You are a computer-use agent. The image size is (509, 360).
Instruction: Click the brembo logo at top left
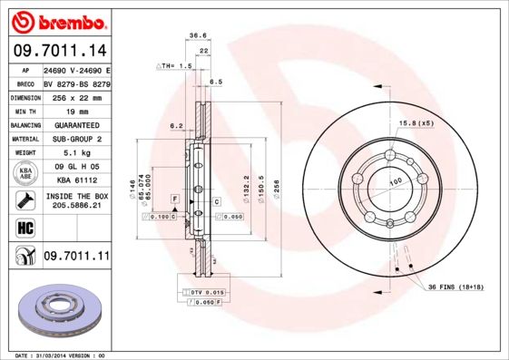56,21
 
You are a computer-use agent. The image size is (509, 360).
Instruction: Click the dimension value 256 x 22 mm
75,96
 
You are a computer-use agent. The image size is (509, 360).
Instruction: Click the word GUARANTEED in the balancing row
75,124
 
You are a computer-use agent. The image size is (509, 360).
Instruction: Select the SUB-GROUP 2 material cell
75,139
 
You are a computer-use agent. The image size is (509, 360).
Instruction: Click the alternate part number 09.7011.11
75,258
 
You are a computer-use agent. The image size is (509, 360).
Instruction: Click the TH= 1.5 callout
176,66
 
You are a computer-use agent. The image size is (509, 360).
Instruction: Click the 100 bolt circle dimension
396,182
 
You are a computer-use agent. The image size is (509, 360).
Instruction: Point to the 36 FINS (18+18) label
461,287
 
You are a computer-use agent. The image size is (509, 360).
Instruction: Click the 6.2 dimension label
177,125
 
